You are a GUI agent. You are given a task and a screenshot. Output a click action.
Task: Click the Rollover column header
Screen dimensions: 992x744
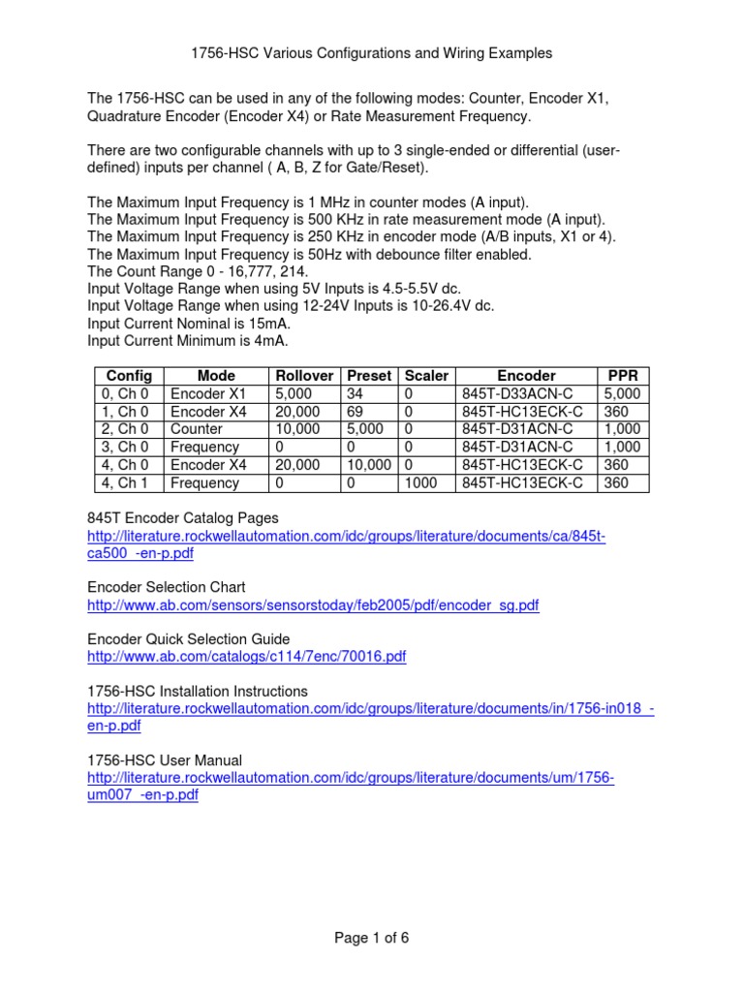point(304,376)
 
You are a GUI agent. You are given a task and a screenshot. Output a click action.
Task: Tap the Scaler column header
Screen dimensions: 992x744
point(426,376)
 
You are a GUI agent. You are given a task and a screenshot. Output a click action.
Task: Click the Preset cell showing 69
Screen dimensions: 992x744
point(355,412)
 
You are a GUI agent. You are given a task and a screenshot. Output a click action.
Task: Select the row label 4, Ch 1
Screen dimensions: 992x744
point(129,483)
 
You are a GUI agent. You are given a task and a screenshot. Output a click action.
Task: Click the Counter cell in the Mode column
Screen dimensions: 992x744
point(197,429)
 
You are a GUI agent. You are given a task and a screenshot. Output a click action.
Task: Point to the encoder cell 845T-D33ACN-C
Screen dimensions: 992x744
point(517,394)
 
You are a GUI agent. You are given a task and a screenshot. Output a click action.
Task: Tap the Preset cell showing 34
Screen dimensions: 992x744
point(355,394)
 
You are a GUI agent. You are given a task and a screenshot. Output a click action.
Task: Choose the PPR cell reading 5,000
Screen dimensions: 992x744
point(622,394)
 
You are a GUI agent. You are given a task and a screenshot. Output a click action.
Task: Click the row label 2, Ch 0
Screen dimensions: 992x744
point(129,429)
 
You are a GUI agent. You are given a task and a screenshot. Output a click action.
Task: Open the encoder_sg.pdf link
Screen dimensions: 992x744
point(313,605)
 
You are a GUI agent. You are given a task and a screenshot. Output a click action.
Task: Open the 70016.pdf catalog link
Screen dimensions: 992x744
point(247,657)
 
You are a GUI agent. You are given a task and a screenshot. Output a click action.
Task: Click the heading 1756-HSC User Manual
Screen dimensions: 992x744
point(165,760)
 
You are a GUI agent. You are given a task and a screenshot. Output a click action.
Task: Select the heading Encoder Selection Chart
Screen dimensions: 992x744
point(166,587)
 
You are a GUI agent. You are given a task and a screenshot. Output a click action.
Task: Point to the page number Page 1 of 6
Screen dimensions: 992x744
point(372,938)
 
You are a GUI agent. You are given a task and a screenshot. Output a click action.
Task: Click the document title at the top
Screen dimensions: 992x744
point(372,53)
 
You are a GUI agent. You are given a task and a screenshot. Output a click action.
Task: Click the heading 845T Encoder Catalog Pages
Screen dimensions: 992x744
point(182,518)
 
